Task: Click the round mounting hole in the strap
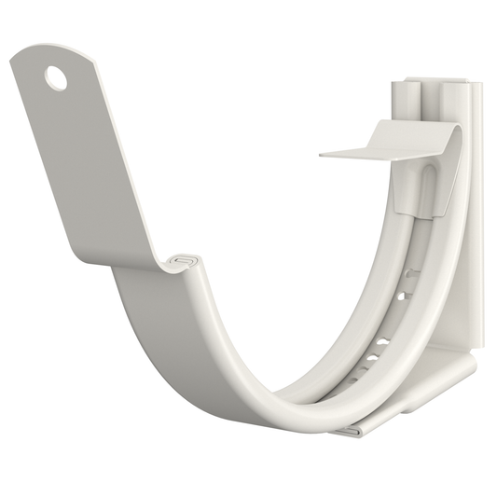click(56, 78)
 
